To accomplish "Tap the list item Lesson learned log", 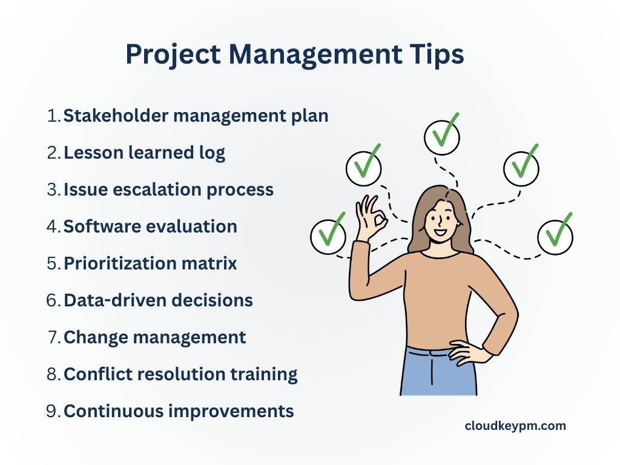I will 144,153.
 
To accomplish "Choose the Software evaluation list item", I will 150,226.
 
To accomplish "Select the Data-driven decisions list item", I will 157,300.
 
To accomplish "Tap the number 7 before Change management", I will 53,337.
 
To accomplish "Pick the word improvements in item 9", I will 231,411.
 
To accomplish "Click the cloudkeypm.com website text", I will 515,426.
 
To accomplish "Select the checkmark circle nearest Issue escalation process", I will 363,168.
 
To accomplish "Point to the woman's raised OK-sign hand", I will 371,221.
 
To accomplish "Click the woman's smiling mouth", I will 440,231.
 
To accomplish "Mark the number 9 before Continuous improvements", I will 53,411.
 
